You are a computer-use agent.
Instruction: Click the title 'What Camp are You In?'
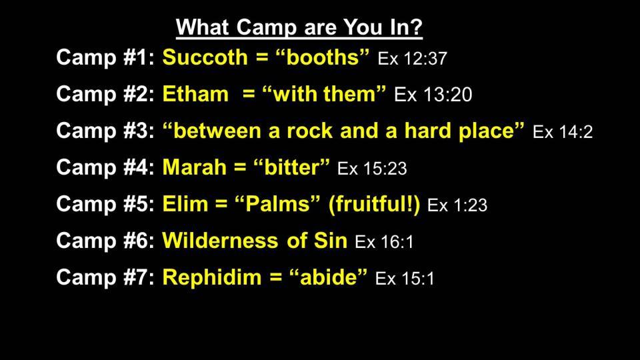click(x=299, y=27)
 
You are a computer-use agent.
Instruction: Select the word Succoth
click(x=205, y=57)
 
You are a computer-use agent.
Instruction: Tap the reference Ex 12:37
click(x=412, y=59)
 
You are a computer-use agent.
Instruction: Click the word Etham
click(x=195, y=94)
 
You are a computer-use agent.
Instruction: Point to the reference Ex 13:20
click(x=433, y=95)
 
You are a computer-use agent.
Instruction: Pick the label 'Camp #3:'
click(x=105, y=131)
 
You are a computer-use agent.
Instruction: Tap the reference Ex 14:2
click(x=563, y=132)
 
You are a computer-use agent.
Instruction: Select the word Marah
click(x=194, y=167)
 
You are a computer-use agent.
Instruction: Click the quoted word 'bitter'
click(x=291, y=167)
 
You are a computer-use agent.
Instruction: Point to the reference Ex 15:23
click(x=372, y=169)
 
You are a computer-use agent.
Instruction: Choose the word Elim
click(x=185, y=204)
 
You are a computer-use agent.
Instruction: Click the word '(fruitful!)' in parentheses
click(x=374, y=205)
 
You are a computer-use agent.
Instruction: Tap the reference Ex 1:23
click(x=457, y=205)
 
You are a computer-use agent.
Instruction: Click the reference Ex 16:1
click(x=384, y=242)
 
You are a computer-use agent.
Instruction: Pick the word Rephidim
click(x=212, y=277)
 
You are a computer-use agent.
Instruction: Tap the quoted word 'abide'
click(x=328, y=277)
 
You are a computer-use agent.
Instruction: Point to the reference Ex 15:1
click(x=405, y=279)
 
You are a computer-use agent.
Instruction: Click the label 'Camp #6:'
click(x=105, y=241)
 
